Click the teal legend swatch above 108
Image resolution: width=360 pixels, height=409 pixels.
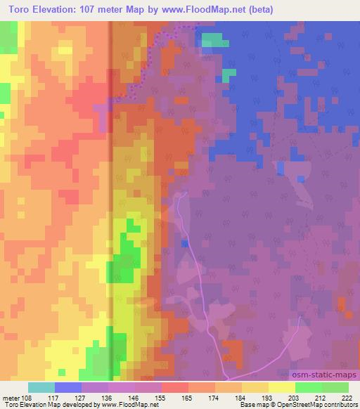tap(41, 387)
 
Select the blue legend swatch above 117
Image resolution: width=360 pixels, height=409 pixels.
tap(68, 387)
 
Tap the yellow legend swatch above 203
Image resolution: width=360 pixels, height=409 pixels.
tap(282, 387)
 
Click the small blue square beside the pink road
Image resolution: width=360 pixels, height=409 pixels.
tap(184, 243)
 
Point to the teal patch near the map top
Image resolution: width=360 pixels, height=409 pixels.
tap(215, 39)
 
